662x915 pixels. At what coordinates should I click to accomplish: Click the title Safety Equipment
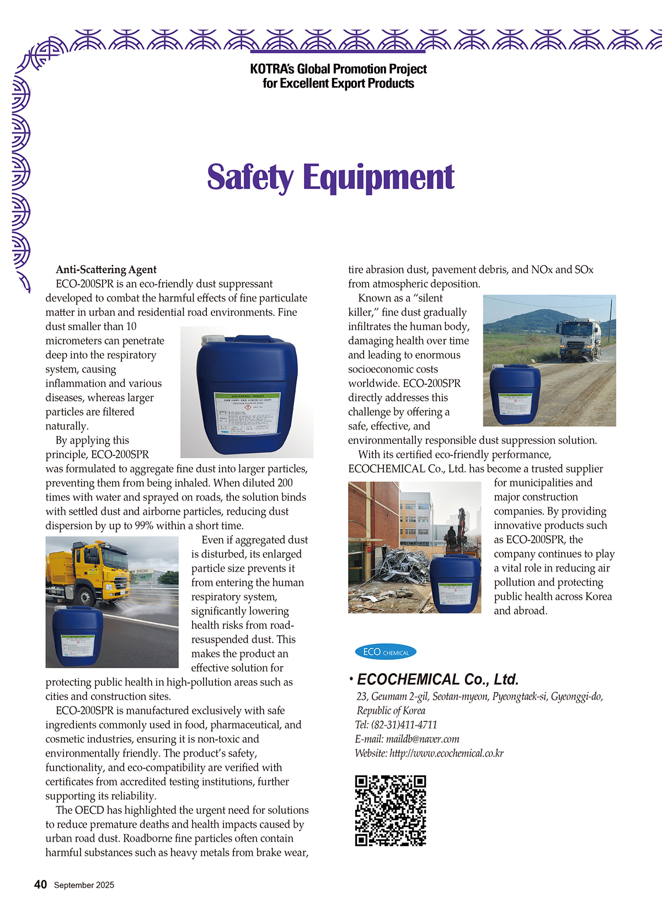tap(330, 177)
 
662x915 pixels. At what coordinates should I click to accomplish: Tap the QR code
tap(391, 810)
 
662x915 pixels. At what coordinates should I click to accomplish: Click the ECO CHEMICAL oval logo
tap(386, 652)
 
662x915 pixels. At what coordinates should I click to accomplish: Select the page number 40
tap(40, 885)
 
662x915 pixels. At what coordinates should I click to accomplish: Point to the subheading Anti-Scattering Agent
tap(106, 269)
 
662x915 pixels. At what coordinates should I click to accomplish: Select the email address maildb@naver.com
tap(423, 739)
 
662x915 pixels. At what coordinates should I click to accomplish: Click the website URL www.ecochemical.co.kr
tap(446, 753)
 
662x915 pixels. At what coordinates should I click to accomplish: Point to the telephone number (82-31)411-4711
tap(404, 724)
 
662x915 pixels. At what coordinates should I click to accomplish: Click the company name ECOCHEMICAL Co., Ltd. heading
tap(437, 679)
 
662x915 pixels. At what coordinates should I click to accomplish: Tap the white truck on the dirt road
tap(579, 337)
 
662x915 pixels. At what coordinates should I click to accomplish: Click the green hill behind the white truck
tap(530, 321)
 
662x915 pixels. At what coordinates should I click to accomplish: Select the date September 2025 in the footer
tap(84, 885)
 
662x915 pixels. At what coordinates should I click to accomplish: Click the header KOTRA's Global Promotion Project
tap(338, 69)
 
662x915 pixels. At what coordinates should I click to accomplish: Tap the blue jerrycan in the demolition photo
tap(455, 584)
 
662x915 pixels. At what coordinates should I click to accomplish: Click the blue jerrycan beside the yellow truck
tap(78, 636)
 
